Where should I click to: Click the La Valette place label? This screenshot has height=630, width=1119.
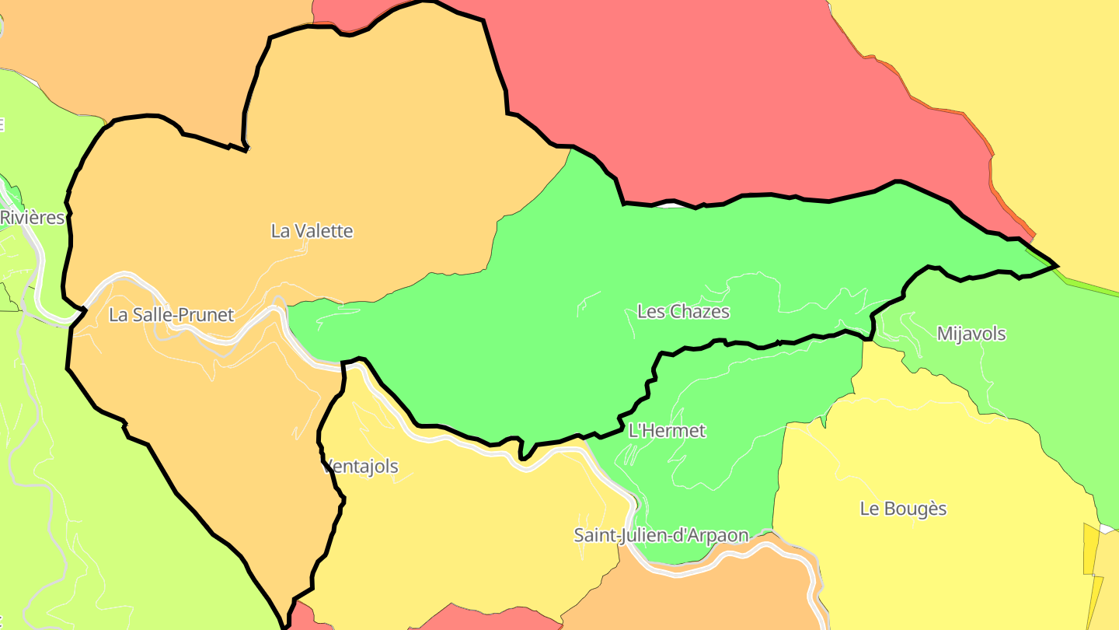click(312, 231)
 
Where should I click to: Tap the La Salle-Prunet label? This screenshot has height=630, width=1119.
click(171, 315)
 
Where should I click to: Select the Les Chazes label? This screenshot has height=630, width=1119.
click(683, 312)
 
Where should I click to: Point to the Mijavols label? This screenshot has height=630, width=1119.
click(971, 334)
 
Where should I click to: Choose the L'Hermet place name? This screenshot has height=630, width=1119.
click(667, 431)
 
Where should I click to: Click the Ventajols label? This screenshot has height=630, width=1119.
click(361, 467)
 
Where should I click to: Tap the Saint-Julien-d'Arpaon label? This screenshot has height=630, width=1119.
click(661, 535)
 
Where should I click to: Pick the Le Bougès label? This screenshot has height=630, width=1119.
click(903, 509)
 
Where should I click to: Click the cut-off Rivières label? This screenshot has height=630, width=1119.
click(32, 218)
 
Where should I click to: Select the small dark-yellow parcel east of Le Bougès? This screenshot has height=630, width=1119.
click(1090, 548)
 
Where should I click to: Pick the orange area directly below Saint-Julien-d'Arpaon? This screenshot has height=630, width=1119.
click(699, 599)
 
